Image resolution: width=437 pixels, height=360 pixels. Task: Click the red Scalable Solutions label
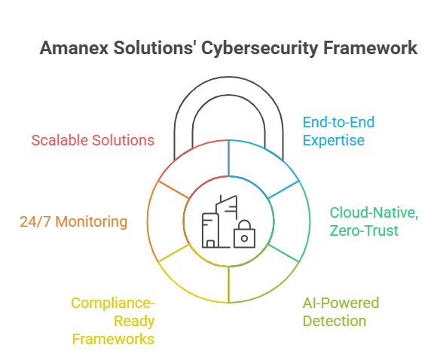point(93,140)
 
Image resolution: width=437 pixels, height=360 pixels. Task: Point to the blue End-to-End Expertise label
point(338,130)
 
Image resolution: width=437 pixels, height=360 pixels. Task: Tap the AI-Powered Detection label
point(341,312)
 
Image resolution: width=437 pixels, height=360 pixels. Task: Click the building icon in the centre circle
point(218,221)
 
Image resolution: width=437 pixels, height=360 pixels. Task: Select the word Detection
point(334,321)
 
